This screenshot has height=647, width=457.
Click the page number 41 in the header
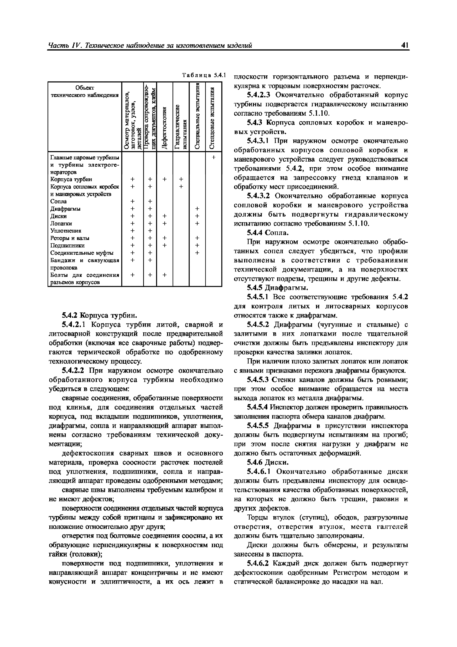[405, 45]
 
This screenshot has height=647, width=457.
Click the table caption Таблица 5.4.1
[204, 75]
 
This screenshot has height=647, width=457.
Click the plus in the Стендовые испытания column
[214, 158]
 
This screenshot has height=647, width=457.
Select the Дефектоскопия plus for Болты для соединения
[165, 275]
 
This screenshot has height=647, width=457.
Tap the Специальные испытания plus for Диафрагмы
[197, 209]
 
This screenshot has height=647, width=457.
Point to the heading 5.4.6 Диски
[268, 462]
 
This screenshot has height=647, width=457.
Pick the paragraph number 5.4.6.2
[258, 563]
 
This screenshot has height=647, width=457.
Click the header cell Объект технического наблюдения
[84, 92]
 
